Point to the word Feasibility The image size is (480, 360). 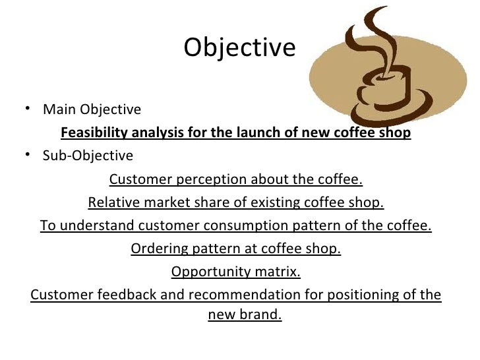coord(93,134)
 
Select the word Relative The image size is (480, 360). coord(111,203)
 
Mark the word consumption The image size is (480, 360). coord(234,227)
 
